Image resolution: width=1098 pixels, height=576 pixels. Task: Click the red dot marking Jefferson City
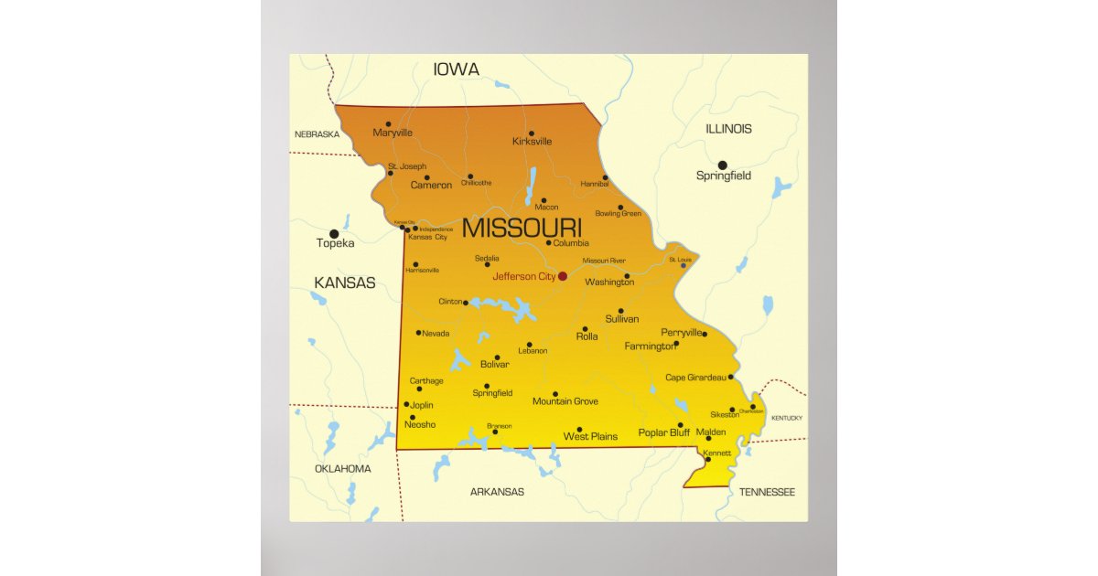tap(563, 276)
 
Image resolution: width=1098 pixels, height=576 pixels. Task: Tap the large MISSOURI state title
tap(522, 228)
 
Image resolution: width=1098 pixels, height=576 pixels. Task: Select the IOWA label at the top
tap(457, 69)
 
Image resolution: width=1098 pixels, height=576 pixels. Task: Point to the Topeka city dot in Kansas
tap(334, 234)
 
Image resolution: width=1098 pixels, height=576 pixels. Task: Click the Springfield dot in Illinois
tap(722, 165)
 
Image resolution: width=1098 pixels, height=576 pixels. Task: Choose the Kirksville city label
tap(532, 142)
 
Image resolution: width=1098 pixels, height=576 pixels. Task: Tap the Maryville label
tap(393, 133)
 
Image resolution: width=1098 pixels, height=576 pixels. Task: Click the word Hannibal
tap(594, 184)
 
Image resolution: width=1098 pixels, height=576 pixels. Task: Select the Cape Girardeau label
tap(695, 378)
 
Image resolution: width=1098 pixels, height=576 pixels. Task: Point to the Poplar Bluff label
tap(664, 433)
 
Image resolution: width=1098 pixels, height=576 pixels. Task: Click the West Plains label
tap(590, 437)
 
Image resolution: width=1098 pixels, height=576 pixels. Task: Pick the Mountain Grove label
tap(565, 401)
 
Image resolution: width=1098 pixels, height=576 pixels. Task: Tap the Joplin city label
tap(422, 405)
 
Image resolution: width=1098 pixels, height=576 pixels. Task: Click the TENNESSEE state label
tap(767, 492)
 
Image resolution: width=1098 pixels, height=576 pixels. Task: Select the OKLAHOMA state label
tap(343, 469)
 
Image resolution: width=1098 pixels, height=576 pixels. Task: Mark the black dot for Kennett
tap(707, 459)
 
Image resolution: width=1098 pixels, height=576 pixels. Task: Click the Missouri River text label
tap(604, 261)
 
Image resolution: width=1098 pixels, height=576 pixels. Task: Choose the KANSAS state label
tap(345, 283)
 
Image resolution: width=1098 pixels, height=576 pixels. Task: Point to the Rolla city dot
tap(585, 328)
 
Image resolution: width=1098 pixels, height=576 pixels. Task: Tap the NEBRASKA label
tap(317, 134)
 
